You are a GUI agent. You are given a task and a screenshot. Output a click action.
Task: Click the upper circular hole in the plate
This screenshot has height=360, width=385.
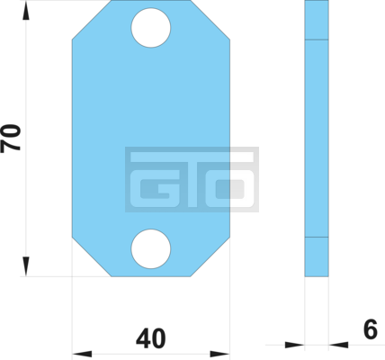tap(151, 28)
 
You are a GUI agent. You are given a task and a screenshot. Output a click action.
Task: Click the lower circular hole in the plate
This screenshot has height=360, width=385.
tap(151, 248)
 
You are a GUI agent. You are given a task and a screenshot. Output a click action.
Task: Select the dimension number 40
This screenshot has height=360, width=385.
tap(150, 338)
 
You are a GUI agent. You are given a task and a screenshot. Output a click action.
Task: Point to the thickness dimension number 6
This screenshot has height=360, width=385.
tap(371, 329)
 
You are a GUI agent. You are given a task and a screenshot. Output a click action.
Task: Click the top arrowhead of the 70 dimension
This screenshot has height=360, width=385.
tap(26, 11)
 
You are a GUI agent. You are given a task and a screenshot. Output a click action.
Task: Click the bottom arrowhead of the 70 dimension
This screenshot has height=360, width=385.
tap(26, 266)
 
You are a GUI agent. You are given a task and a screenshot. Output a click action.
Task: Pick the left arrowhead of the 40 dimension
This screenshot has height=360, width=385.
tap(82, 354)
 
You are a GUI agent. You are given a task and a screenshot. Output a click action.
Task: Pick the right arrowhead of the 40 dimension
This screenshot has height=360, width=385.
tap(219, 354)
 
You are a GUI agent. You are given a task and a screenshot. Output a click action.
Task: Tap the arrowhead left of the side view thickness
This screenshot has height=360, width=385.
tap(295, 345)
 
